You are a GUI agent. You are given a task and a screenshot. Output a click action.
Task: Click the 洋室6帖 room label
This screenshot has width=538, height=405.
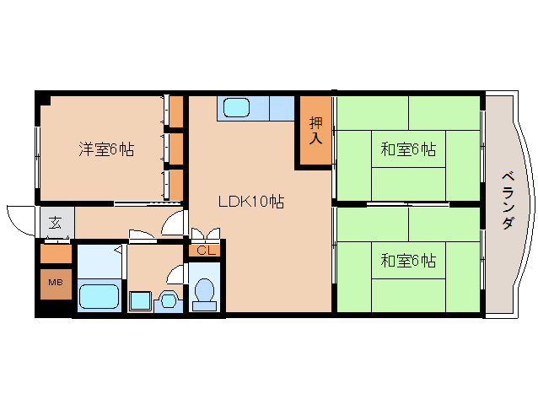point(106,149)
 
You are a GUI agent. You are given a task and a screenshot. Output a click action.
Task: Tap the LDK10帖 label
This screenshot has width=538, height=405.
point(251,202)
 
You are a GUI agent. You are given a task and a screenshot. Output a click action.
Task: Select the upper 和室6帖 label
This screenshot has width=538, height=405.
point(408,149)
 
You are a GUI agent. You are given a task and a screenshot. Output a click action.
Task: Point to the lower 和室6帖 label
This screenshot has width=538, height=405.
point(408,261)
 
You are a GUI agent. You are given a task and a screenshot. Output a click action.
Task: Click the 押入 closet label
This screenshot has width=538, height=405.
point(315,131)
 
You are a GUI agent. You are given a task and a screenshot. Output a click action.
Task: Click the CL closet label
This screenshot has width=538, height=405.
point(206,251)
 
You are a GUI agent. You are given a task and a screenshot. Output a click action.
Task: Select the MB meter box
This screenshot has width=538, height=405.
point(56,283)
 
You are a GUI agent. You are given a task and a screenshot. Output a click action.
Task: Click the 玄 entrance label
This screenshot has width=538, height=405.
point(55,223)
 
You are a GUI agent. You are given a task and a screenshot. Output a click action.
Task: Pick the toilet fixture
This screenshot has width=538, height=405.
point(205,294)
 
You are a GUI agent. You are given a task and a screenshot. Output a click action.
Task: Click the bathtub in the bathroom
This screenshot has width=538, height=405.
point(100,296)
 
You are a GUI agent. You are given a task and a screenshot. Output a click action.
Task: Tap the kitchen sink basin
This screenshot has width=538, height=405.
point(236,108)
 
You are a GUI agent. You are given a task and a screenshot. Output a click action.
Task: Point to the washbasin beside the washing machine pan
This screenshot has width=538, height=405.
point(168,301)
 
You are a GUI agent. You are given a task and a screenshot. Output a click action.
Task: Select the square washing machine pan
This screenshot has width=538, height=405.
point(140,301)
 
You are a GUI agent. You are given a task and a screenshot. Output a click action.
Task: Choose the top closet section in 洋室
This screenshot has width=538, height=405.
point(176,111)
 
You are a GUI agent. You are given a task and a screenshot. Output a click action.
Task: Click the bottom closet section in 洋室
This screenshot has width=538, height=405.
point(176,186)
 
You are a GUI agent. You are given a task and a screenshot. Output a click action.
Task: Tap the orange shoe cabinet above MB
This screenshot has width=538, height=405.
point(56,254)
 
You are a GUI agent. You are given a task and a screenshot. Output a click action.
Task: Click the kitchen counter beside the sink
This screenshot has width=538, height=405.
point(282,108)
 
